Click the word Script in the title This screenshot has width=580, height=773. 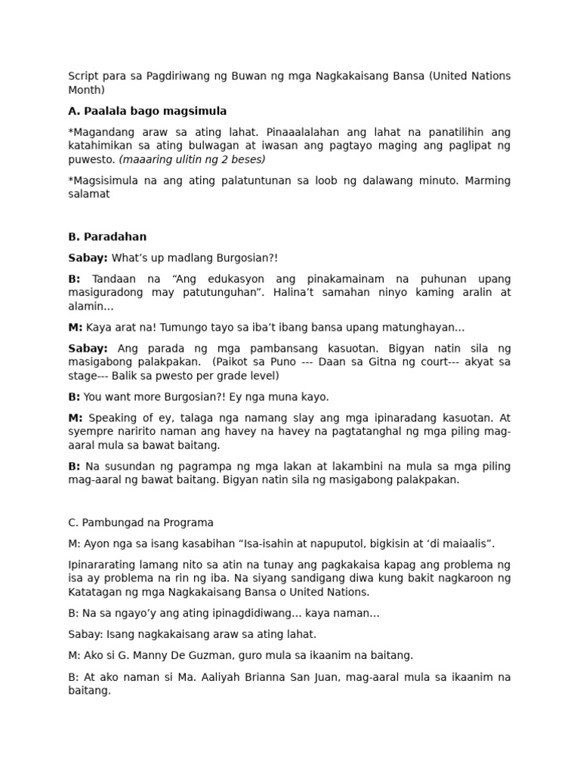(x=82, y=76)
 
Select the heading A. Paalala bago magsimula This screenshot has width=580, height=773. (x=147, y=111)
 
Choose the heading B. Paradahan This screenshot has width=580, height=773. (x=107, y=236)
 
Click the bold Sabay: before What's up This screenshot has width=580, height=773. (x=88, y=258)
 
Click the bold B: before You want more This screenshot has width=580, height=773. (x=74, y=396)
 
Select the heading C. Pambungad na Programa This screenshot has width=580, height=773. (x=140, y=522)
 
